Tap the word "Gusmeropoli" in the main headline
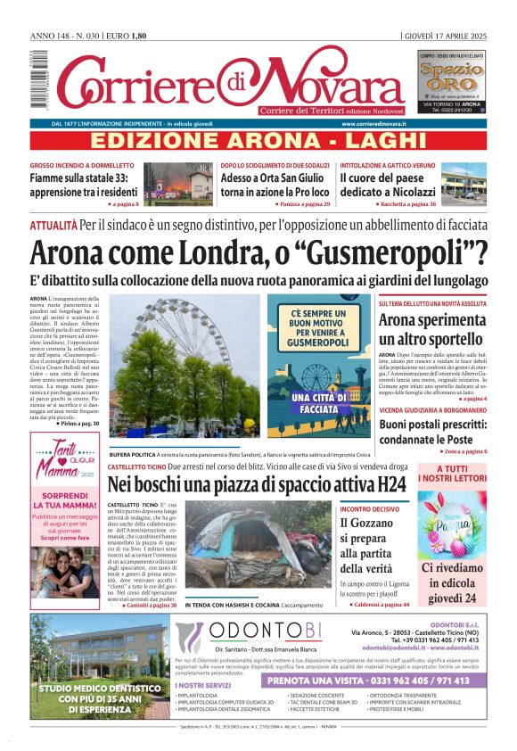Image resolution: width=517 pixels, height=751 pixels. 395,252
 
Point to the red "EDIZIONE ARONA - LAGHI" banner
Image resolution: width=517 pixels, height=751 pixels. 258,141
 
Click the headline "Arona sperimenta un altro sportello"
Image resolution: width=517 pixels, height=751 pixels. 432,330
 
